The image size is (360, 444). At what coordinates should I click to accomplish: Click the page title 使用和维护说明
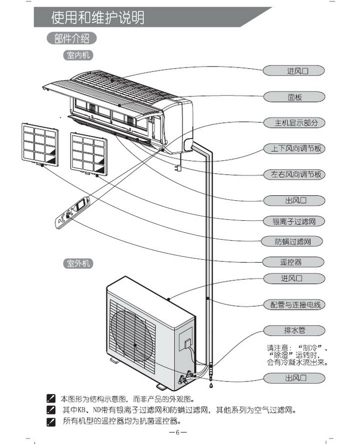point(97,18)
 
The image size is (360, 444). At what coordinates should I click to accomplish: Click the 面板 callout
point(294,97)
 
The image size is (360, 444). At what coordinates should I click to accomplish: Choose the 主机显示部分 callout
point(294,123)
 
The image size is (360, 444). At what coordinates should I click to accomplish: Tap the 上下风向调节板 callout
point(294,149)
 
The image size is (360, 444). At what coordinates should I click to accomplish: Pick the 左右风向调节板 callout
point(294,175)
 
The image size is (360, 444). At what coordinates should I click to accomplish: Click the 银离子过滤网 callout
point(294,221)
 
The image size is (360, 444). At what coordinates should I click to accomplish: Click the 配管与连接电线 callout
point(294,305)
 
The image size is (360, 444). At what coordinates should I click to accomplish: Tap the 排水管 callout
point(294,330)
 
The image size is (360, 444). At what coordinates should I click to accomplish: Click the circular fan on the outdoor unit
point(134,345)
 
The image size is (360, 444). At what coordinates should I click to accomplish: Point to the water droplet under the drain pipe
point(210,386)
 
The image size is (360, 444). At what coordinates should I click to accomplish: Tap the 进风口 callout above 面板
point(294,71)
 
